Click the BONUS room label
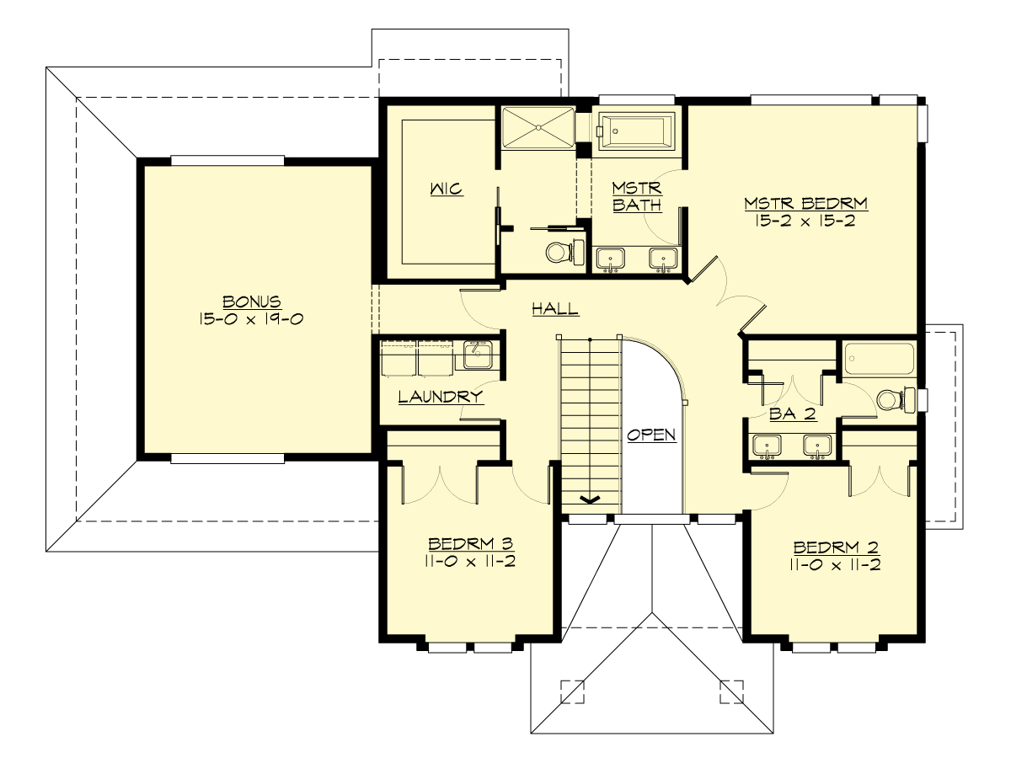pyautogui.click(x=251, y=302)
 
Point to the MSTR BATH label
pyautogui.click(x=637, y=195)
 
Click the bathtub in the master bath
pyautogui.click(x=636, y=131)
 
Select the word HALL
pyautogui.click(x=555, y=309)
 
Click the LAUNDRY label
pyautogui.click(x=440, y=397)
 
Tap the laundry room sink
pyautogui.click(x=477, y=355)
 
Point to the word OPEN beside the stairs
pyautogui.click(x=650, y=435)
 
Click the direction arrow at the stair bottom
pyautogui.click(x=590, y=499)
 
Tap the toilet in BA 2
pyautogui.click(x=891, y=398)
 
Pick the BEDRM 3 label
pyautogui.click(x=470, y=544)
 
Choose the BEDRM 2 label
pyautogui.click(x=836, y=544)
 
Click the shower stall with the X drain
pyautogui.click(x=537, y=127)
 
